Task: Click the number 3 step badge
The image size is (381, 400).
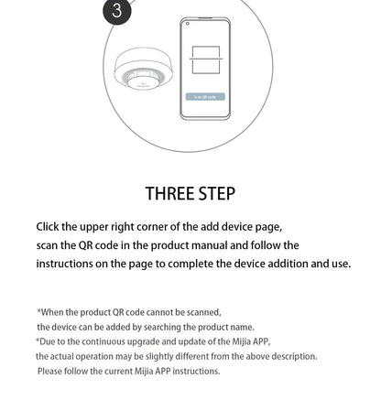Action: tap(116, 11)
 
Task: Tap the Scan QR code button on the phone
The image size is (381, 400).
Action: tap(205, 96)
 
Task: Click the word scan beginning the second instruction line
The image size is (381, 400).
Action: tap(48, 245)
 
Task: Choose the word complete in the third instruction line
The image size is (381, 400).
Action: tap(199, 264)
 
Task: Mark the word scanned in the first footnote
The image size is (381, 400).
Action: tap(203, 312)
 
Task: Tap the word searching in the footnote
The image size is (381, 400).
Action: tap(145, 327)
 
